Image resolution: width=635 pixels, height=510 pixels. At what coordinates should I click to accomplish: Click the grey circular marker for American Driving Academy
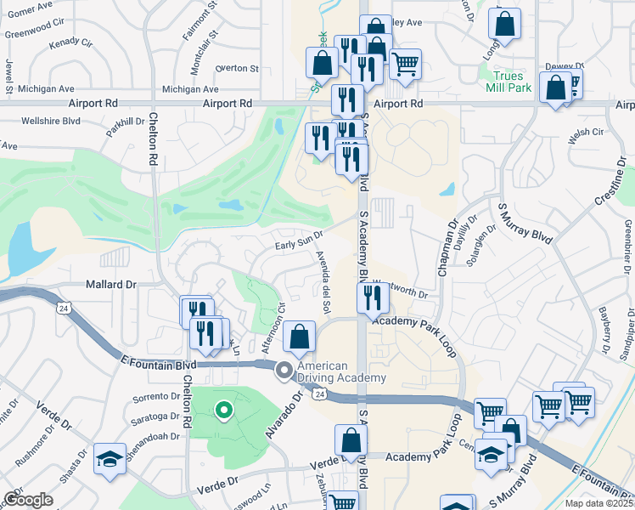(284, 370)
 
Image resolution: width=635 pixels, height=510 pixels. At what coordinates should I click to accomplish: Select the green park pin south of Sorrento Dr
(224, 411)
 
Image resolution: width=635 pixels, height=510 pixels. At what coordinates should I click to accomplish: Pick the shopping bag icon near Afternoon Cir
(299, 337)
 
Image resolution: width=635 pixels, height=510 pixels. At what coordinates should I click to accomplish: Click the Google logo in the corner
(28, 500)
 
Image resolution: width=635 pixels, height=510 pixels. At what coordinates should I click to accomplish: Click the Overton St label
(237, 68)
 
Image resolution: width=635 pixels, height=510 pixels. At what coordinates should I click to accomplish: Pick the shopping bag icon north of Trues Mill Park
(505, 25)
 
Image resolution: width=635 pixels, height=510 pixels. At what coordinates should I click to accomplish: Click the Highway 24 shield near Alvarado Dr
(318, 394)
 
